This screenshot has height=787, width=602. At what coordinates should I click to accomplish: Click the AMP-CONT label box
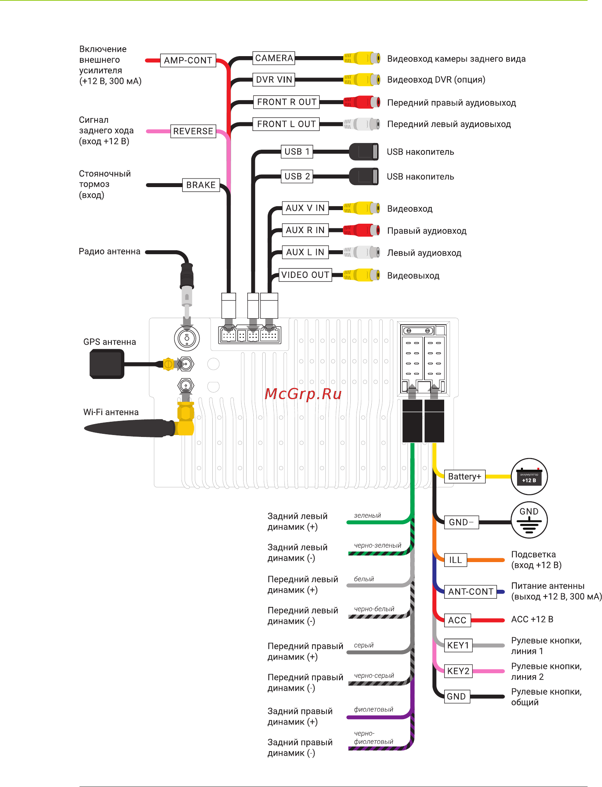(x=188, y=60)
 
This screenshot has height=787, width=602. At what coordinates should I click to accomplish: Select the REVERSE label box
(x=193, y=131)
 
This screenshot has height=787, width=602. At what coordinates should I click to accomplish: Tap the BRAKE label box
(x=201, y=185)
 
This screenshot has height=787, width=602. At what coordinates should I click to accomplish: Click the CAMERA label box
(x=274, y=58)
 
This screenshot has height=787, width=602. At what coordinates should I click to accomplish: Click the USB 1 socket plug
(x=364, y=152)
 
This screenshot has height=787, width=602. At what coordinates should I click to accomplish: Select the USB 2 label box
(x=297, y=177)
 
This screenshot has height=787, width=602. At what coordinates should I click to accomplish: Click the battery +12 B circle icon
(x=529, y=477)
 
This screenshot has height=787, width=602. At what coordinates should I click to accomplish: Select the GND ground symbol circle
(x=529, y=520)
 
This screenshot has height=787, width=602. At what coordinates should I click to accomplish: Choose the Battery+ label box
(x=465, y=477)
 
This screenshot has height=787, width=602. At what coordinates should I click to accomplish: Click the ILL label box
(x=455, y=560)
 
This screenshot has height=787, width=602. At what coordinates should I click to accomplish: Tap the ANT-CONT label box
(x=471, y=592)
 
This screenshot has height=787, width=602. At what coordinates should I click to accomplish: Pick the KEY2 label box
(x=458, y=671)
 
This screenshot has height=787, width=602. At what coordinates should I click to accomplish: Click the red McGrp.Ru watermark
(x=303, y=394)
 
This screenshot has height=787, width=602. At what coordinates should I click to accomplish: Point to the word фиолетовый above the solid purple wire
(x=373, y=709)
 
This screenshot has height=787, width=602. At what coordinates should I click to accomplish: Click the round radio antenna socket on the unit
(x=187, y=338)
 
